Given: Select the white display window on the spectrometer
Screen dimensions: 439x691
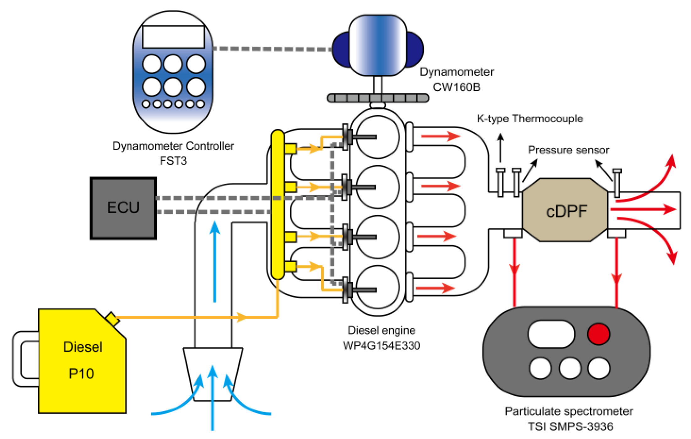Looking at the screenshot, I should click(x=551, y=334).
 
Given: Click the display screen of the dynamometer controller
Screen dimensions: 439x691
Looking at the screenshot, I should click(x=173, y=37).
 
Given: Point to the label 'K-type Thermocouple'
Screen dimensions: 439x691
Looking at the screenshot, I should click(x=530, y=119).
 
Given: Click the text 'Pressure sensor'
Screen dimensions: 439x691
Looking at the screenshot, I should click(x=568, y=150).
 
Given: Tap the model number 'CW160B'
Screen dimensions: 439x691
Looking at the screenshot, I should click(x=456, y=87).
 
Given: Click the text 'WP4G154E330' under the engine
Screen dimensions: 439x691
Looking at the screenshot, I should click(x=381, y=346).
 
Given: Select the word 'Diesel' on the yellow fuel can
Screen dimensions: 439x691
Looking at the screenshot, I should click(x=83, y=347).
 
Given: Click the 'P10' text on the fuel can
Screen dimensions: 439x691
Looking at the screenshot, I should click(x=81, y=374).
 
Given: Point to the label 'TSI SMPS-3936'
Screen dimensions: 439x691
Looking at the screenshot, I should click(x=570, y=426).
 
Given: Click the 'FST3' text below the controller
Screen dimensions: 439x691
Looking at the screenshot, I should click(x=173, y=161).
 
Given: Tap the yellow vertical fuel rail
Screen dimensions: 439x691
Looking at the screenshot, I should click(x=277, y=204).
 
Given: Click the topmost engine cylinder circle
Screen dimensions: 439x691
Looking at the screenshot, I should click(x=378, y=137).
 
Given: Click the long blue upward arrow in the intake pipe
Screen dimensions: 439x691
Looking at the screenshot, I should click(x=215, y=261).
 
